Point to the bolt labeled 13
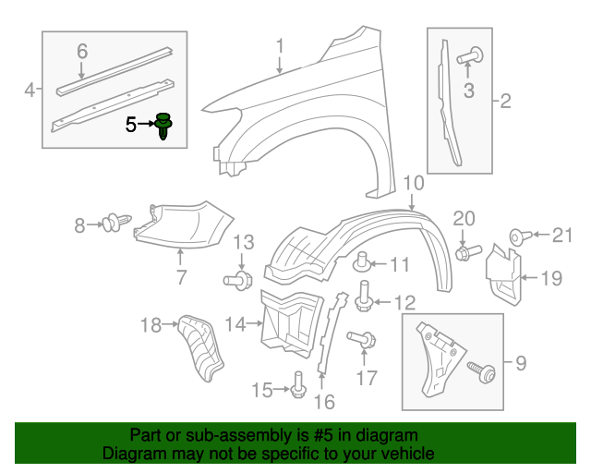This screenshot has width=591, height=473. pyautogui.click(x=238, y=278)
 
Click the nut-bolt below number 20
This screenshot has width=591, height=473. pyautogui.click(x=466, y=250)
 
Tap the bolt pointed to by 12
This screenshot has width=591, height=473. pyautogui.click(x=364, y=295)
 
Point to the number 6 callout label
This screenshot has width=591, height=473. pyautogui.click(x=81, y=52)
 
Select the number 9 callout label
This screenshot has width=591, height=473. pyautogui.click(x=520, y=364)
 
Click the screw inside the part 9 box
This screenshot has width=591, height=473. pyautogui.click(x=481, y=372)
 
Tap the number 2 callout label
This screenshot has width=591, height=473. pyautogui.click(x=505, y=101)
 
